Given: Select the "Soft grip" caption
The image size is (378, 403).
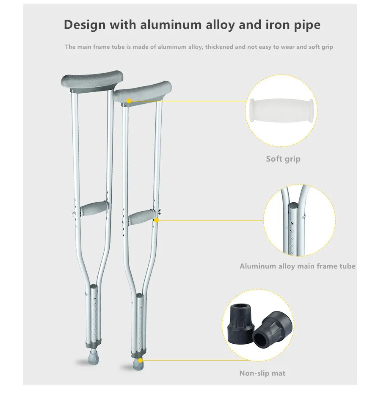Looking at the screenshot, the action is (x=283, y=159).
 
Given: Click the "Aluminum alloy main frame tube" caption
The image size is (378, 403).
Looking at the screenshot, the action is (x=298, y=266).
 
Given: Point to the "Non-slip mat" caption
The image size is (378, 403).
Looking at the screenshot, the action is (x=262, y=373).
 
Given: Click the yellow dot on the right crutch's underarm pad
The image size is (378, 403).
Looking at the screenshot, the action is (x=129, y=101).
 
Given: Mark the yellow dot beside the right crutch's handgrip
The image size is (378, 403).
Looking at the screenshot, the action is (x=156, y=220).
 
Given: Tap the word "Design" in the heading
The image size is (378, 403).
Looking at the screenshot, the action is (x=85, y=25).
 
